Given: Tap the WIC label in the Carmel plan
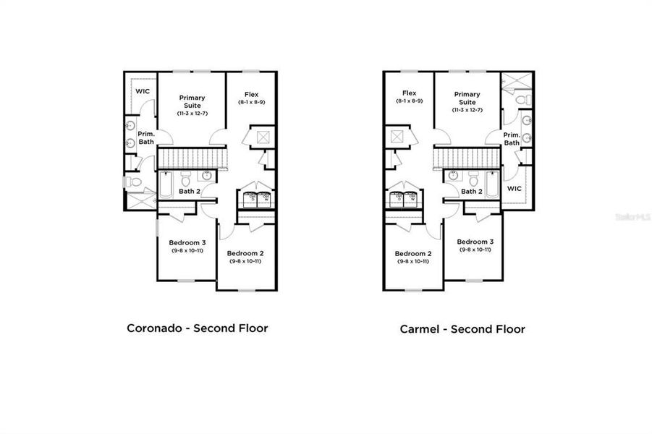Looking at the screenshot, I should tap(514, 188).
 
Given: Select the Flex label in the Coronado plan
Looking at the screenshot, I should tap(251, 95).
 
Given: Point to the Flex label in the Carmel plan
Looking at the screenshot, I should tap(409, 93).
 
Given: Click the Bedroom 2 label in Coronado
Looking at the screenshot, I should tap(244, 254).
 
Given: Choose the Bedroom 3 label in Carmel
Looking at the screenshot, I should tap(475, 242).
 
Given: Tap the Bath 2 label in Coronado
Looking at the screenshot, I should tap(190, 191).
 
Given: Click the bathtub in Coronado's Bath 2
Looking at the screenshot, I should tap(165, 184).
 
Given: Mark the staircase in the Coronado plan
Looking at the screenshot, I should tap(192, 158).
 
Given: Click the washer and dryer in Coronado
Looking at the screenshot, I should tap(258, 197).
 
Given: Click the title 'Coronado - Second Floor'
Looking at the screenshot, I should tap(198, 328).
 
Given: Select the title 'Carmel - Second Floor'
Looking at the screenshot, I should tap(462, 329).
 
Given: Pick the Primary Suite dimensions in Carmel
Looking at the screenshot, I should tap(467, 110).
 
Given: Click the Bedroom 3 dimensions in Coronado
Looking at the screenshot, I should tap(187, 250).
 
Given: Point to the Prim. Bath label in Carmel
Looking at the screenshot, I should tap(512, 139).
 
